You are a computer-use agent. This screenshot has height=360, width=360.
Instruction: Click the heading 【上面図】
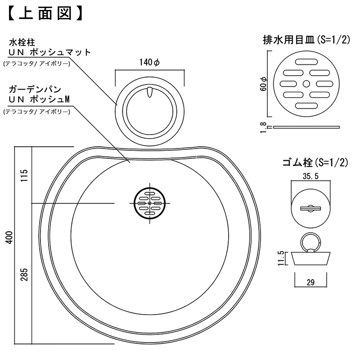(x=45, y=13)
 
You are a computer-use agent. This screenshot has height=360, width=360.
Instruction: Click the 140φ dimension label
(x=150, y=64)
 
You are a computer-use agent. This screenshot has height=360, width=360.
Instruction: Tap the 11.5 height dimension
(x=281, y=259)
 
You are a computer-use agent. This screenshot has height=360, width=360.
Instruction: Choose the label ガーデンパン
(x=32, y=89)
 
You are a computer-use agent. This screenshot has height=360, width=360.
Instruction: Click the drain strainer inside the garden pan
(x=149, y=203)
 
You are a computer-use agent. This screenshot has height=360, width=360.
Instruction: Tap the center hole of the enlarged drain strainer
(x=306, y=84)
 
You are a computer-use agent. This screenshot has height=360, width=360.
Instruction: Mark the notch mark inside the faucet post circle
(x=150, y=92)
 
